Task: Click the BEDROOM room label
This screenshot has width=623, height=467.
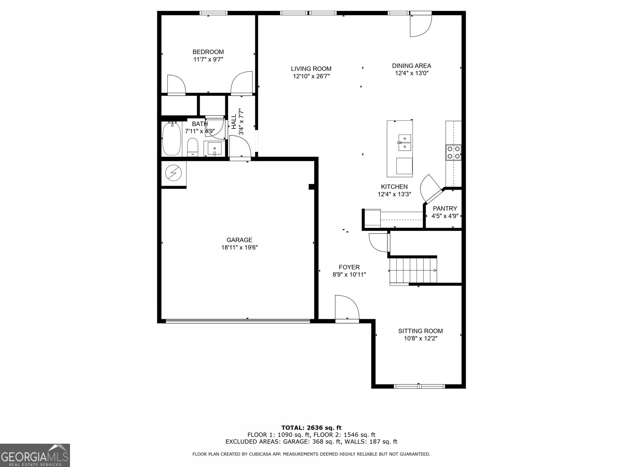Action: [208, 52]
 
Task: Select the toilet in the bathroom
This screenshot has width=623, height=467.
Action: [193, 147]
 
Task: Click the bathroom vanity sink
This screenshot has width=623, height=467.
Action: [214, 149]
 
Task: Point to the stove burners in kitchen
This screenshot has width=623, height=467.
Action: [453, 152]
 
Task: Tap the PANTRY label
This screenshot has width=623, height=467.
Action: [445, 209]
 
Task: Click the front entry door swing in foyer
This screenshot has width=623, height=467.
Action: [346, 308]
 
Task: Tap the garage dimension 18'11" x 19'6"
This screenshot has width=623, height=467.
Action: [239, 248]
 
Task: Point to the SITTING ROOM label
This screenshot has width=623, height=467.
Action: [420, 331]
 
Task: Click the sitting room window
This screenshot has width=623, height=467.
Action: [419, 386]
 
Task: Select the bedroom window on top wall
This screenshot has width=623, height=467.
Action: [213, 13]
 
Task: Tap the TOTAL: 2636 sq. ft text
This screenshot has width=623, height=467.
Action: [311, 428]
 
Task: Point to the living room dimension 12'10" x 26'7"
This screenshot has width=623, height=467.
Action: [311, 77]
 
